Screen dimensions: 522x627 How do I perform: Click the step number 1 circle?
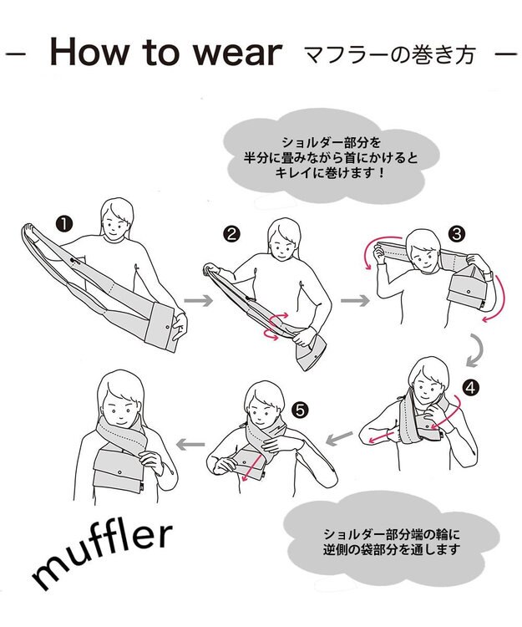(64, 224)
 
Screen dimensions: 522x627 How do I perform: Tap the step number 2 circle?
(231, 233)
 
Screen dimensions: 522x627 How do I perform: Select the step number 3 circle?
(457, 233)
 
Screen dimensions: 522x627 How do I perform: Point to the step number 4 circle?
(471, 387)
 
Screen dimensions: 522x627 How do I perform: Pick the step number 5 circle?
(300, 410)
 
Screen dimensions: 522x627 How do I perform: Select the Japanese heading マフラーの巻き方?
(390, 55)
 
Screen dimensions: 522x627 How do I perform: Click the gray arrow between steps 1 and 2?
(199, 300)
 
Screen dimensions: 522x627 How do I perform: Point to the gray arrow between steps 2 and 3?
(355, 300)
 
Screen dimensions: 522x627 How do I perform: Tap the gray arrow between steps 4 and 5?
(339, 438)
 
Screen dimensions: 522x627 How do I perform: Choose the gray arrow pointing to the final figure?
(191, 443)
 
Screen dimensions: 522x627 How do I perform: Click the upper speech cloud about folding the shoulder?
(331, 157)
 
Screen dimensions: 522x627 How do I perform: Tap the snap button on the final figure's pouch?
(119, 472)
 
